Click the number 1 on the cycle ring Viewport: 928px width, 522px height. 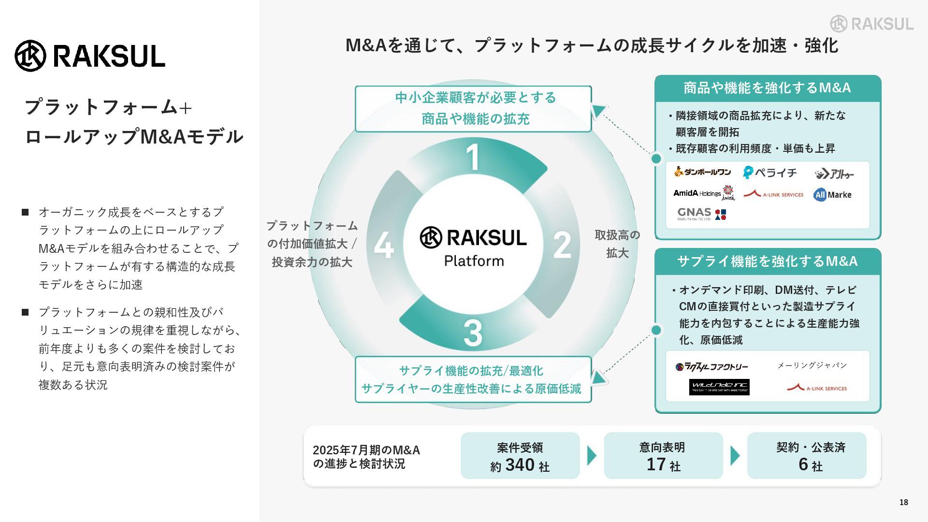click(473, 157)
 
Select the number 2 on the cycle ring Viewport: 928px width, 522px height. click(562, 245)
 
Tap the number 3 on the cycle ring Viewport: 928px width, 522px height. click(473, 333)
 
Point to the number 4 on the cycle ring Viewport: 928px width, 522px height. click(384, 245)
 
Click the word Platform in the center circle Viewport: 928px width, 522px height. click(474, 261)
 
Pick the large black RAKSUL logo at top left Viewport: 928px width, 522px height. click(90, 56)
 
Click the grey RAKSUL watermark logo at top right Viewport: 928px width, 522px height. click(871, 24)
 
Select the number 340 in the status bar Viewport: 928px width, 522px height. click(520, 465)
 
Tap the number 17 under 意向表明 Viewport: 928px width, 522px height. click(656, 464)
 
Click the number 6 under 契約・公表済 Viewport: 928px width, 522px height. click(803, 464)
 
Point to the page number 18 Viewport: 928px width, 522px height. click(903, 502)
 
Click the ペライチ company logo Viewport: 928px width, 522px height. click(770, 173)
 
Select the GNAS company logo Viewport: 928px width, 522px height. click(701, 214)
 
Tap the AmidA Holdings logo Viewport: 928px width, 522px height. click(704, 193)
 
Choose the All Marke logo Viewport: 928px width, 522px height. click(832, 195)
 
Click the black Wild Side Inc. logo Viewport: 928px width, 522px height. click(719, 387)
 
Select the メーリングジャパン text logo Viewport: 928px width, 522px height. click(812, 365)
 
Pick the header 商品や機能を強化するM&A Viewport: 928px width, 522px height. click(767, 88)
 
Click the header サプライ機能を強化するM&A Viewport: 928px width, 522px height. click(767, 261)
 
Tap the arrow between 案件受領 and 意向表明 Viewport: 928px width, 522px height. click(592, 456)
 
